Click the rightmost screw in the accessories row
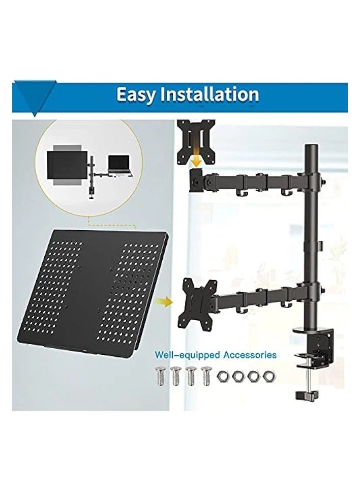coord(206,376)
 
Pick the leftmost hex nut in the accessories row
coord(223,377)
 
